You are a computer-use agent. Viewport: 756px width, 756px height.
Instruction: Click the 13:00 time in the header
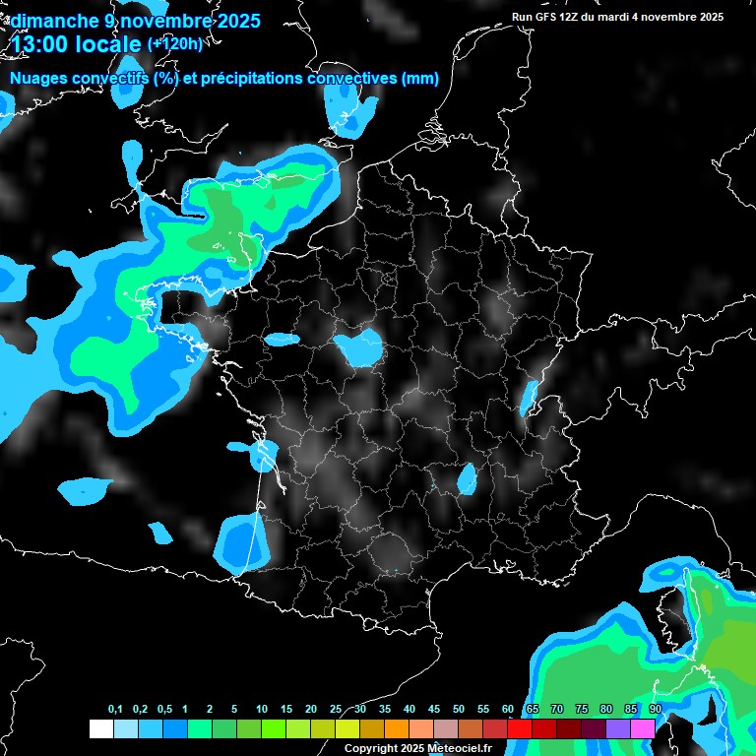pyautogui.click(x=44, y=44)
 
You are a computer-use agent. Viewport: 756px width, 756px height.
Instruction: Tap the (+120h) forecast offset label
pyautogui.click(x=174, y=44)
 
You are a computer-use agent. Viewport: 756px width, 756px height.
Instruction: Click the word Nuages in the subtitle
pyautogui.click(x=38, y=79)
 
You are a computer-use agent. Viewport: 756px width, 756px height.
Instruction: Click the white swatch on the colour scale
pyautogui.click(x=100, y=728)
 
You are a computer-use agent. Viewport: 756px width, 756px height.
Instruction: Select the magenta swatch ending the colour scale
pyautogui.click(x=643, y=728)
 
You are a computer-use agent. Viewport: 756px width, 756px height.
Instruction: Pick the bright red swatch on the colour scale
pyautogui.click(x=520, y=728)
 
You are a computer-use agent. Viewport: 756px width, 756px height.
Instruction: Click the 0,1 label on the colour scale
pyautogui.click(x=115, y=710)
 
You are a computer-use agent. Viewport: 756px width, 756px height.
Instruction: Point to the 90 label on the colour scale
pyautogui.click(x=655, y=710)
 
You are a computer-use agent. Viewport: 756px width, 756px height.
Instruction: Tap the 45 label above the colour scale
pyautogui.click(x=434, y=710)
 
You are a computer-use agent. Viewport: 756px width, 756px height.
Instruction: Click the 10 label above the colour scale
pyautogui.click(x=262, y=710)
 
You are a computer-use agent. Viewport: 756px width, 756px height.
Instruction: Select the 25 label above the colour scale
pyautogui.click(x=336, y=710)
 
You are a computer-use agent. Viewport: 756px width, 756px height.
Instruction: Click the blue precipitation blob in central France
pyautogui.click(x=357, y=346)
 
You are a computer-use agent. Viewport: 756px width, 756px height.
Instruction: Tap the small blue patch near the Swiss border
pyautogui.click(x=530, y=396)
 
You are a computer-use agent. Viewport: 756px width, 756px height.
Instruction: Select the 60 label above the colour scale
pyautogui.click(x=508, y=710)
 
